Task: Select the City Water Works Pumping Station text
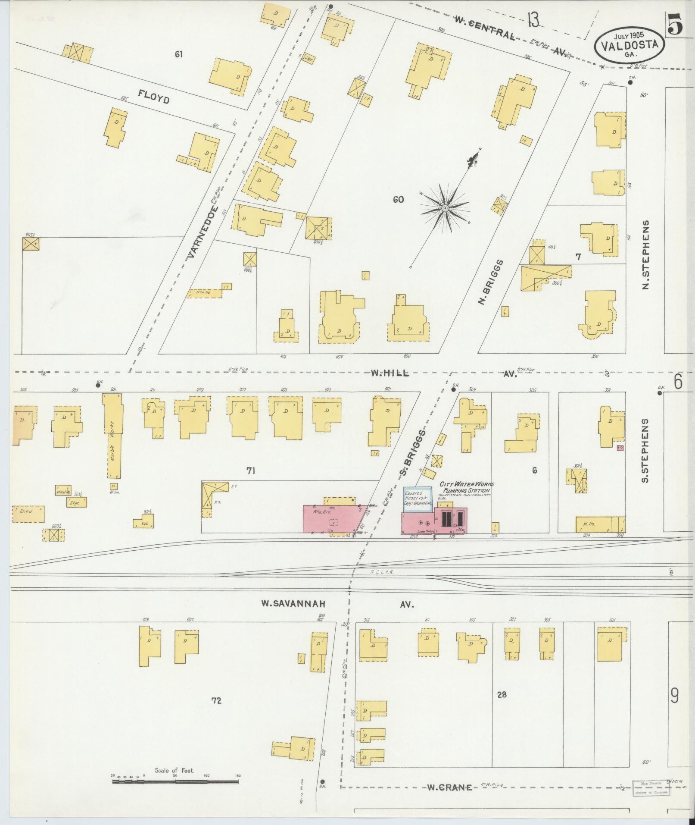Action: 466,488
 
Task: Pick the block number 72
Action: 216,701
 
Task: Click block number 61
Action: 179,54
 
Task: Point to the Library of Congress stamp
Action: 651,787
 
